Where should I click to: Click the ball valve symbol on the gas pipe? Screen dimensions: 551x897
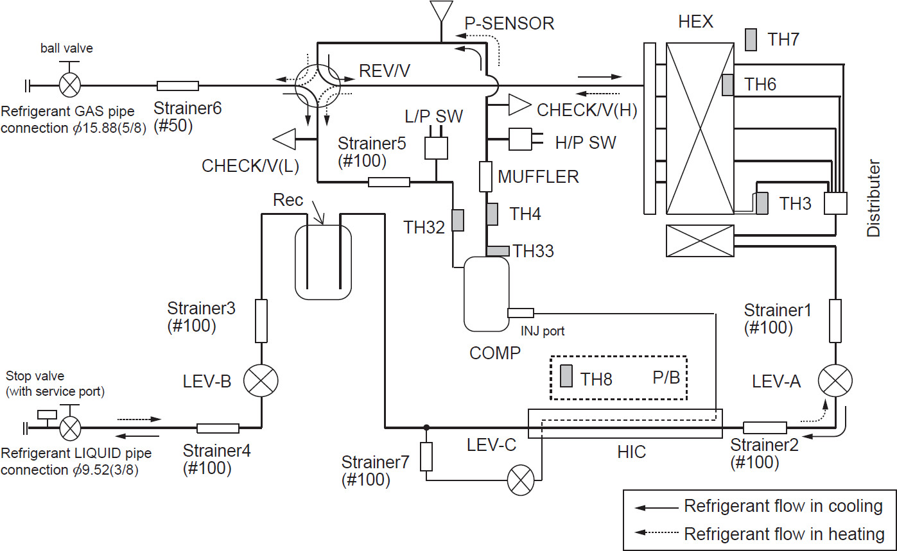(x=69, y=85)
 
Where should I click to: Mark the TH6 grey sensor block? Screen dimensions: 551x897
(x=727, y=85)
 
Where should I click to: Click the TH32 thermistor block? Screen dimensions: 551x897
(x=458, y=220)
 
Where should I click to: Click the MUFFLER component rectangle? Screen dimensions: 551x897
(x=486, y=176)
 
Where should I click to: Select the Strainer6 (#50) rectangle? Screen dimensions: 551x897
(x=178, y=85)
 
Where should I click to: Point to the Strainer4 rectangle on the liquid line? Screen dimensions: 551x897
(x=218, y=428)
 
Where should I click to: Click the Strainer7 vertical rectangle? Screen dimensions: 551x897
(x=426, y=457)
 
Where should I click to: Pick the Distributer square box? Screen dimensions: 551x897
(x=835, y=204)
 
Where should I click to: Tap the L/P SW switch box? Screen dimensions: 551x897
(x=436, y=148)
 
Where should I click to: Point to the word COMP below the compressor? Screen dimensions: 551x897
(x=496, y=352)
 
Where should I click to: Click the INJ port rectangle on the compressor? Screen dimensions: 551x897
(x=520, y=313)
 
